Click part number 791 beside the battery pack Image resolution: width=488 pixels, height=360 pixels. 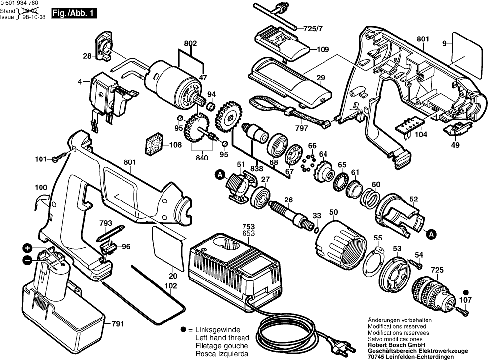tap(117, 324)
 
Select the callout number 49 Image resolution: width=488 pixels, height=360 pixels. tap(455, 145)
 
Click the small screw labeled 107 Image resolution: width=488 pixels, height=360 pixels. tap(463, 310)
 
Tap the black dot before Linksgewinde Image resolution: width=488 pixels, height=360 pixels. tap(183, 329)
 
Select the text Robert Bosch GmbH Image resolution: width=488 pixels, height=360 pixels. tap(394, 345)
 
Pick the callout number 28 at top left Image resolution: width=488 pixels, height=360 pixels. tap(87, 56)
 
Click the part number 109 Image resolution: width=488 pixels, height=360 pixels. tap(323, 49)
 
